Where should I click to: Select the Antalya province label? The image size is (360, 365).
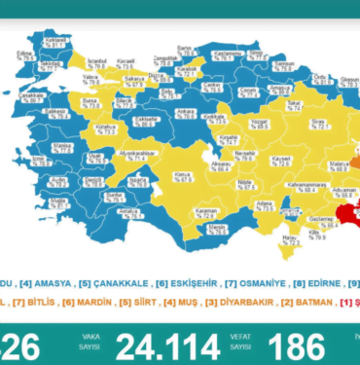point(126,210)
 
